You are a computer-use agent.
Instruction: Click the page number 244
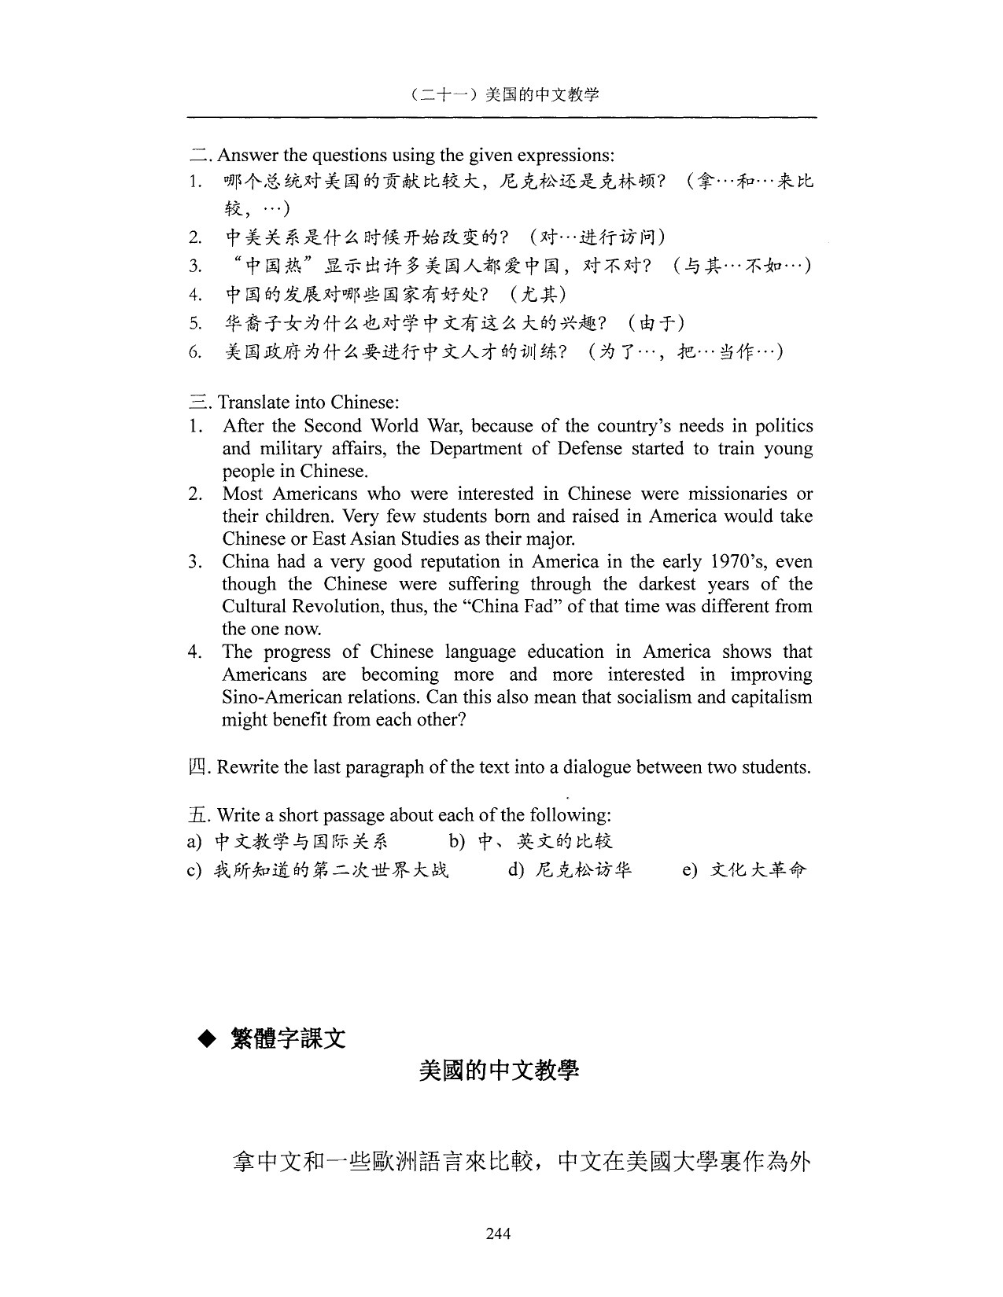(499, 1233)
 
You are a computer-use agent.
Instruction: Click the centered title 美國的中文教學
(499, 1071)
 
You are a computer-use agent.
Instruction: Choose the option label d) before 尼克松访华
(518, 870)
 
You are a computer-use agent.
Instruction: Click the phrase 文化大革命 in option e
(758, 870)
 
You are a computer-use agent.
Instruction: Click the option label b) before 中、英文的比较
(458, 842)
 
